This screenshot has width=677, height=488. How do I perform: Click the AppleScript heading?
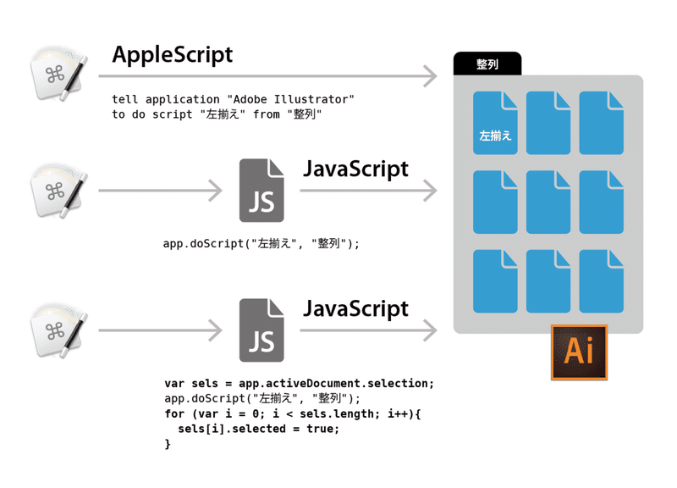click(x=172, y=55)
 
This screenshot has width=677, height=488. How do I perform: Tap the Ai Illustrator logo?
click(x=578, y=352)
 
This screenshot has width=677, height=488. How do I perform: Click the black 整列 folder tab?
click(x=487, y=64)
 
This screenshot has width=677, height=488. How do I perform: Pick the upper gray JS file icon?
click(x=261, y=191)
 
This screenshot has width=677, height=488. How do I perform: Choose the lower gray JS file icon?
click(x=261, y=330)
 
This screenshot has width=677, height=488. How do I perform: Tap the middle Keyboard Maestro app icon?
click(x=58, y=190)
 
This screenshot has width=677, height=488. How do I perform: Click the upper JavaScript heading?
click(x=355, y=169)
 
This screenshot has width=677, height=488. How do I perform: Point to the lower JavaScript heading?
click(x=355, y=308)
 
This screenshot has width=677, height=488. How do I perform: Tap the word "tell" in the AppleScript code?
click(x=125, y=100)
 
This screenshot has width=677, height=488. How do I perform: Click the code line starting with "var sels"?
click(x=299, y=384)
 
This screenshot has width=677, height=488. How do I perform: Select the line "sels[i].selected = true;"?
click(x=258, y=429)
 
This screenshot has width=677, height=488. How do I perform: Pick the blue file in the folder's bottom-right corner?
click(x=601, y=282)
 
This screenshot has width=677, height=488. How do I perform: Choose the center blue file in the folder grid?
click(x=548, y=202)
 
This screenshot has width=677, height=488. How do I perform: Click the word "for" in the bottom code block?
click(x=174, y=413)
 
